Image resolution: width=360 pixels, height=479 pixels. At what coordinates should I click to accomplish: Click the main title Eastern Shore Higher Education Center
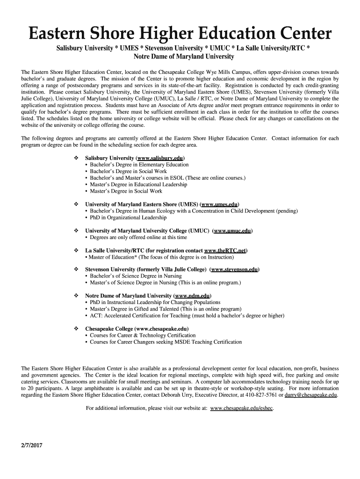coord(180,34)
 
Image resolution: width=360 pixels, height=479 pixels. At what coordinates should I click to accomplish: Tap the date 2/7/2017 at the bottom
coord(32,445)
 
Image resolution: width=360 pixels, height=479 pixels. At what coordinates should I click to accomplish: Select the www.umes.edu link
coord(219,204)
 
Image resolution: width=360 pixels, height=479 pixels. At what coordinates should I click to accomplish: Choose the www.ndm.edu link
coord(193,296)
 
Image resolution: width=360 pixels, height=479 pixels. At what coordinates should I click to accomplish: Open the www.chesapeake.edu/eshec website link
coord(242,408)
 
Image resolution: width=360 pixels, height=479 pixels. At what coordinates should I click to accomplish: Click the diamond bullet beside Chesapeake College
coord(76,329)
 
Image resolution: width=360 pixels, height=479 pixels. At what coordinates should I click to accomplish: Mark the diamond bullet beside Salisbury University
coord(76,158)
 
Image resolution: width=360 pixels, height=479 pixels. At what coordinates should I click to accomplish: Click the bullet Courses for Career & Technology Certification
coord(143,335)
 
